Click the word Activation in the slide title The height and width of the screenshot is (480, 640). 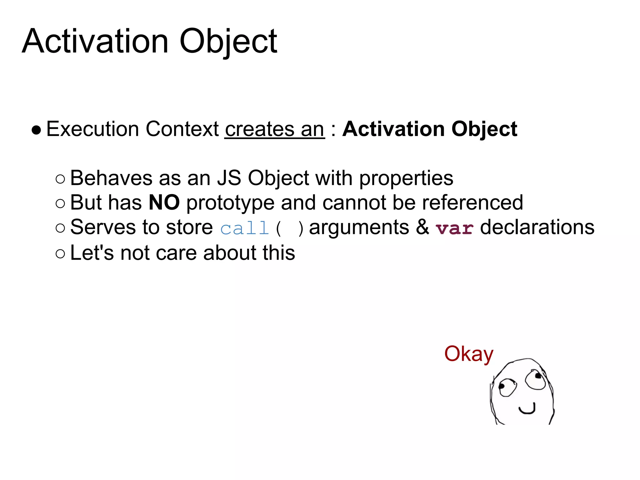(x=95, y=41)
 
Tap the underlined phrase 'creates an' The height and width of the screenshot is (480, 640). (x=274, y=129)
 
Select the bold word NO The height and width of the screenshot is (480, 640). (x=164, y=202)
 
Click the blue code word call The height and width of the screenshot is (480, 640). (x=244, y=228)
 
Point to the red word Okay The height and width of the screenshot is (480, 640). (x=468, y=354)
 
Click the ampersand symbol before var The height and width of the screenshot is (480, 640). (x=422, y=227)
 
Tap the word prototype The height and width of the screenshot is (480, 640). (x=230, y=203)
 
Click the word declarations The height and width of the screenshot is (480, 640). (x=537, y=227)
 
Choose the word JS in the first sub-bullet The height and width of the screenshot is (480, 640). (x=229, y=178)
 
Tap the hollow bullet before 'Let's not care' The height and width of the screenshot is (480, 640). (x=60, y=253)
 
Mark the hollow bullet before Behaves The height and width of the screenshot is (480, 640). (x=60, y=179)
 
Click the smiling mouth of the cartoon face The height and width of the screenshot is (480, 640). (x=527, y=409)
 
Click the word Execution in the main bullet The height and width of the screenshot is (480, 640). (x=92, y=129)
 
